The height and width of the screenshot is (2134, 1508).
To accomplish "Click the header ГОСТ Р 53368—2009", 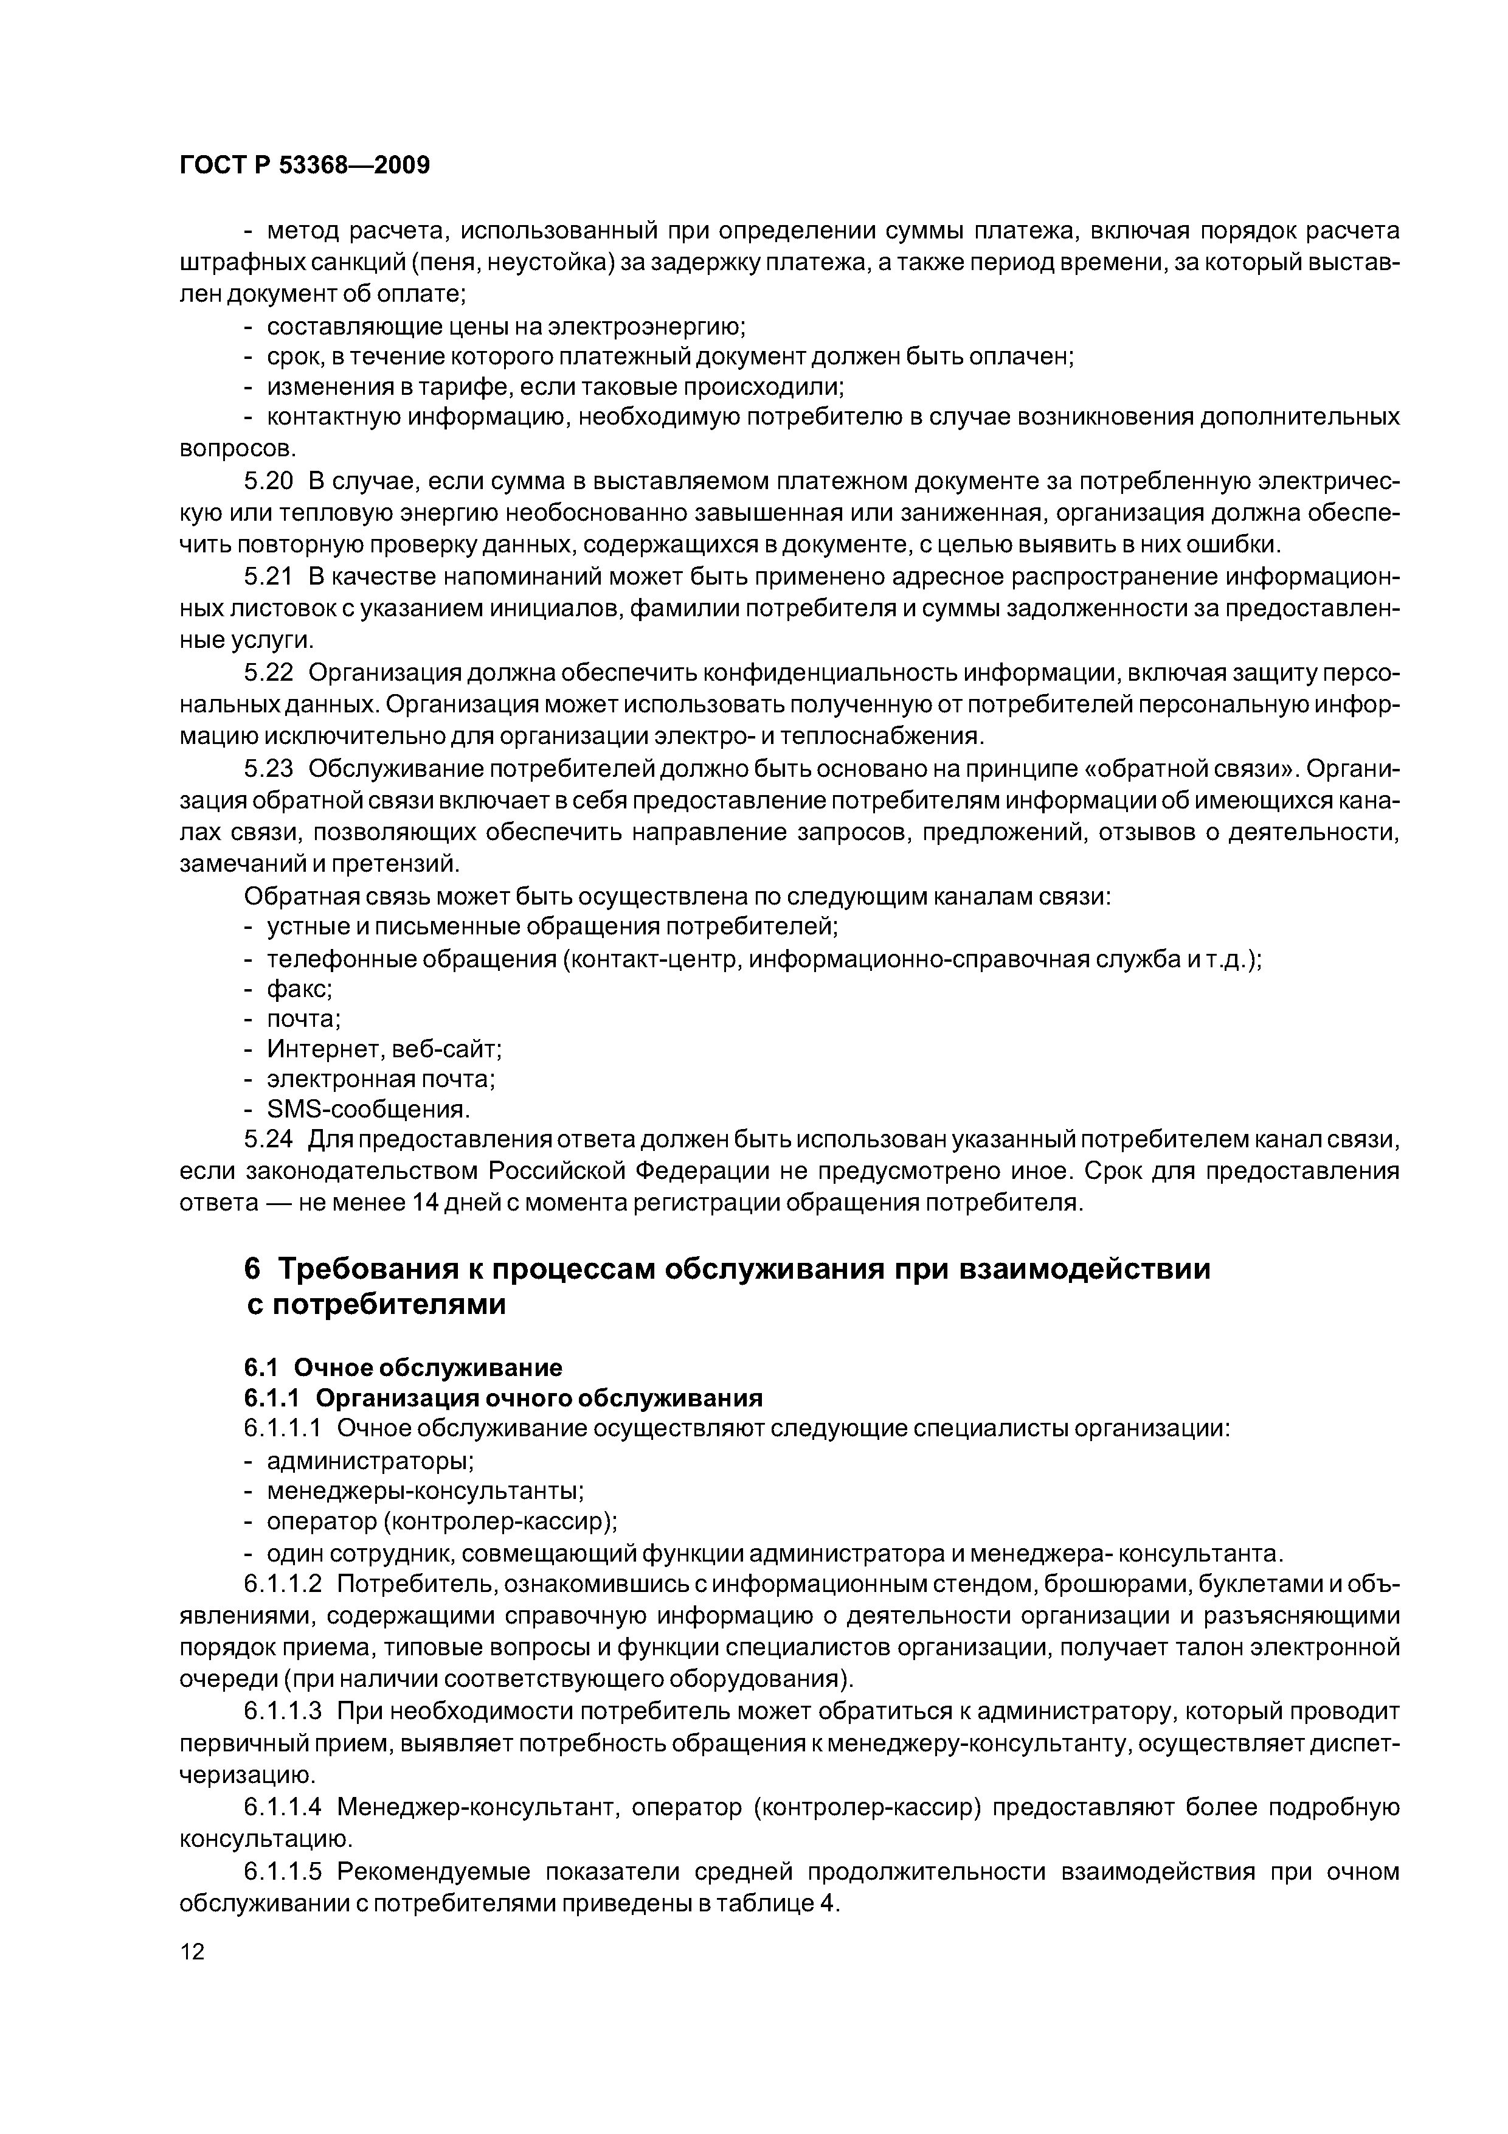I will [x=304, y=165].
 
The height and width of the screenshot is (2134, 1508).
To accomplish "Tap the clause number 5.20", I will [x=269, y=481].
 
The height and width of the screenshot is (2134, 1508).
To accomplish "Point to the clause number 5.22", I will [x=269, y=673].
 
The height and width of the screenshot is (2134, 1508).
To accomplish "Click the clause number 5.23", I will [x=269, y=769].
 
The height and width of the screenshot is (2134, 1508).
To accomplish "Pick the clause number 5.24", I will [x=269, y=1139].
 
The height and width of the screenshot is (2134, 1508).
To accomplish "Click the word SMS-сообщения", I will [x=368, y=1110].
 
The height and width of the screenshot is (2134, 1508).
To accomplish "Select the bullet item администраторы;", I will [x=370, y=1460].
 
